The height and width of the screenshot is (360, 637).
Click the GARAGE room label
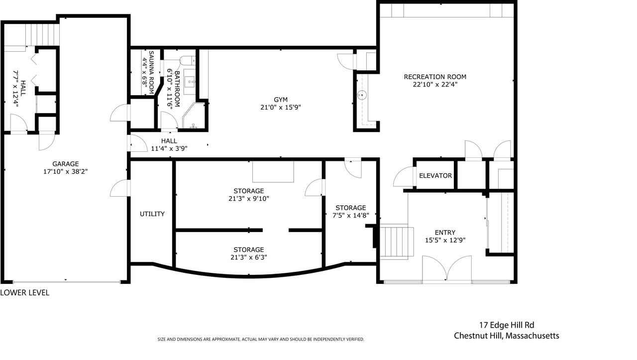[x=65, y=164]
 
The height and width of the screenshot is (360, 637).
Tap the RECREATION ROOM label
[x=435, y=77]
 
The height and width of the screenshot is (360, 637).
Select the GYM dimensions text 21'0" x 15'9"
[x=281, y=107]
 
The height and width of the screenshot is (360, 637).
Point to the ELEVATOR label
[x=435, y=176]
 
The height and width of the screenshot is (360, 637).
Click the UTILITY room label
[x=152, y=214]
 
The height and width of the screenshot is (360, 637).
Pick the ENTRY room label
[x=445, y=232]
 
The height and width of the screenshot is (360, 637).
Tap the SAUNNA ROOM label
[x=151, y=73]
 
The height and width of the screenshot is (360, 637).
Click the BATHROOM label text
[x=177, y=89]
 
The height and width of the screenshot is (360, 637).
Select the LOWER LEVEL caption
[x=25, y=293]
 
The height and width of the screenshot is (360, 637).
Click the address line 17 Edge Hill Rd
[x=507, y=325]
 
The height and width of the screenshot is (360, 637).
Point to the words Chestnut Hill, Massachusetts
[x=507, y=336]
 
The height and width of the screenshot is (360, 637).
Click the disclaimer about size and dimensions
[x=261, y=339]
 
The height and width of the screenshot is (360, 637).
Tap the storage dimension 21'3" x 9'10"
[x=249, y=199]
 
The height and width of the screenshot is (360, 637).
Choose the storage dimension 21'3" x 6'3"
[x=249, y=257]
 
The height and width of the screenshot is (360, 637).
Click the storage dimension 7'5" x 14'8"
[x=351, y=216]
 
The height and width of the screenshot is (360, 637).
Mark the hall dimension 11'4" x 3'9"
[x=169, y=148]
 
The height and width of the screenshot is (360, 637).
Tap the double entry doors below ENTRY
[x=447, y=268]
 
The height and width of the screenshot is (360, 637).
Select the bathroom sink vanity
[x=190, y=81]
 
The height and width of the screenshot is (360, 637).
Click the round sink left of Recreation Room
[x=362, y=95]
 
